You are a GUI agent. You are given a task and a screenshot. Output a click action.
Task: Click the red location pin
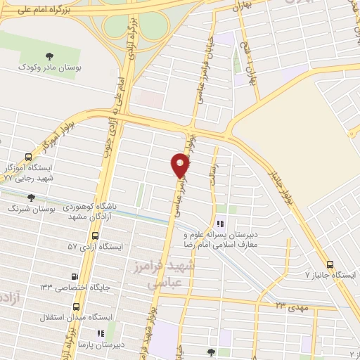[181, 166]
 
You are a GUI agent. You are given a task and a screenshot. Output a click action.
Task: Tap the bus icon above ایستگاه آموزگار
[28, 157]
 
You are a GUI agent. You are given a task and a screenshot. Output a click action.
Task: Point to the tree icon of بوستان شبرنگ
[30, 198]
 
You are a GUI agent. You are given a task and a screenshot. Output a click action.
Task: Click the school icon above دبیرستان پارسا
[101, 333]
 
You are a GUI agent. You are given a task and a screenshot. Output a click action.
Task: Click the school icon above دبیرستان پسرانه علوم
[222, 223]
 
